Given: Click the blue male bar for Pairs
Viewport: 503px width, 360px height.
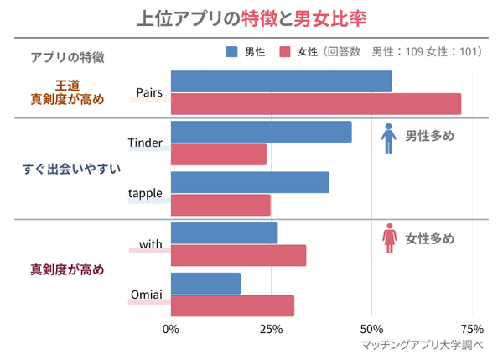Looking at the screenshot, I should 281,81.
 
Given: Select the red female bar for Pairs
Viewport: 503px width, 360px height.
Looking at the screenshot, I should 316,104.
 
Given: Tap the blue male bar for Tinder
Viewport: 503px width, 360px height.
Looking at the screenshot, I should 261,132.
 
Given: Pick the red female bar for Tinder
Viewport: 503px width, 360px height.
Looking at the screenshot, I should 219,154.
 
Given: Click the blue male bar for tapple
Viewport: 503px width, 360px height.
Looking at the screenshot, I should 250,182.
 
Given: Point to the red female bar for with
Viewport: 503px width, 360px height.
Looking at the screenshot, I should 238,255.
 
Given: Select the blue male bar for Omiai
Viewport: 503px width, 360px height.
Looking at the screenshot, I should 205,284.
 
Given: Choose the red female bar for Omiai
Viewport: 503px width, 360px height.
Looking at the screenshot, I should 232,305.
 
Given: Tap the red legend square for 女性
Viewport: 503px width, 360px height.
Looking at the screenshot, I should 285,52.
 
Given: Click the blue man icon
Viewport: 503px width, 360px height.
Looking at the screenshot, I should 388,138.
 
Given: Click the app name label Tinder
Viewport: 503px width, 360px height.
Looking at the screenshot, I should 145,143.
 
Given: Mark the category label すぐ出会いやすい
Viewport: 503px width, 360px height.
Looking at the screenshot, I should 70,168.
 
